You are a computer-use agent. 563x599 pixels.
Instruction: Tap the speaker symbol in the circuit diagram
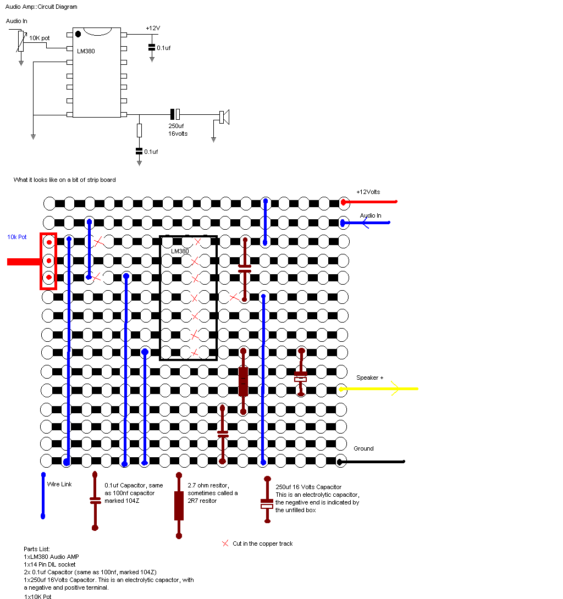pos(224,117)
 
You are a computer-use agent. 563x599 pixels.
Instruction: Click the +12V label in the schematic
pos(153,28)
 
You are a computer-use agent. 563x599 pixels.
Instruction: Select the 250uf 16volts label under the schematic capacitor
pos(178,130)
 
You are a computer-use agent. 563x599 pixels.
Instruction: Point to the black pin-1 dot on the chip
pos(78,34)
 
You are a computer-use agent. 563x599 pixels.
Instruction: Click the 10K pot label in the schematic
pos(39,38)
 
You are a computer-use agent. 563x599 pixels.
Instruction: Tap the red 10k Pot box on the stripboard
pos(48,260)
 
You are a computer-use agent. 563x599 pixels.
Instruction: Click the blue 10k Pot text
pos(16,237)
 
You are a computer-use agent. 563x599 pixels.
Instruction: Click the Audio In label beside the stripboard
pos(371,215)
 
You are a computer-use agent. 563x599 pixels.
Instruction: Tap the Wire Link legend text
pos(59,485)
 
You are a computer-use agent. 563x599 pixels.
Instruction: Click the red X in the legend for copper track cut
pos(225,543)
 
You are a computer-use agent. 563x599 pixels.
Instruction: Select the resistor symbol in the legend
pos(179,506)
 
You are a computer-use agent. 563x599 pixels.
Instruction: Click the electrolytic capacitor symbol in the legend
pos(267,503)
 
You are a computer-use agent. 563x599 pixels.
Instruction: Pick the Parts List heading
pos(37,549)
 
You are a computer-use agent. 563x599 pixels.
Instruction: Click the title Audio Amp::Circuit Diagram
pos(41,7)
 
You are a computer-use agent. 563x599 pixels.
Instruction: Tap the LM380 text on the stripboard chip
pos(180,251)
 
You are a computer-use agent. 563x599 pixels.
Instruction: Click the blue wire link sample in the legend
pos(43,495)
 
